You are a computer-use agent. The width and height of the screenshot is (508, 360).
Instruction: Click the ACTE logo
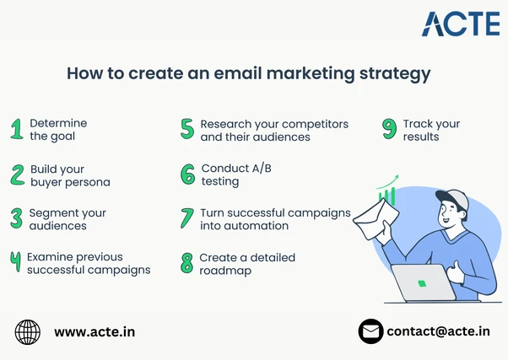tap(461, 24)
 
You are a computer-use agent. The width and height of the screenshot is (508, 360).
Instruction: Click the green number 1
tap(16, 129)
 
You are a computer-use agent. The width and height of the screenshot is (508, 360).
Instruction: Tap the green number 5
tap(187, 129)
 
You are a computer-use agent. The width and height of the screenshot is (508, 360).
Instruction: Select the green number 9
tap(389, 129)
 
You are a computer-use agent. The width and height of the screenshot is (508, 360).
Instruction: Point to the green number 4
tap(15, 262)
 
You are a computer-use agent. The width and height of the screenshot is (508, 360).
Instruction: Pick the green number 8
tap(187, 263)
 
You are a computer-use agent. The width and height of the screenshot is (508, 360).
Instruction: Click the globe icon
tap(28, 331)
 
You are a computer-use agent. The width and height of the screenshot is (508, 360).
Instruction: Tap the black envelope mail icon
tap(370, 331)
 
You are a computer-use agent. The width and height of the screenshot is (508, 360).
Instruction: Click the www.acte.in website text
tap(95, 332)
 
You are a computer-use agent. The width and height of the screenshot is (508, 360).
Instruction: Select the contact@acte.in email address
tap(438, 331)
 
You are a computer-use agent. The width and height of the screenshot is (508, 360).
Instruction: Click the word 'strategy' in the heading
tap(394, 74)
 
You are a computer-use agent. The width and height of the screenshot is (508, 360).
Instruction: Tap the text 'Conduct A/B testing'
tap(235, 175)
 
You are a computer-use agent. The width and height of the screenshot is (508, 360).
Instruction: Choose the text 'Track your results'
tap(431, 130)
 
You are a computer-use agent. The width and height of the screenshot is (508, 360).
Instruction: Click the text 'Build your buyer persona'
tap(69, 175)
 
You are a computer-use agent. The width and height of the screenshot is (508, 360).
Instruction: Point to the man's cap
tap(453, 199)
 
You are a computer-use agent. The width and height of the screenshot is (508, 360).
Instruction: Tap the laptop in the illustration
tap(424, 283)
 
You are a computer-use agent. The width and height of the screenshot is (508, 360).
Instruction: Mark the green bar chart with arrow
tap(387, 190)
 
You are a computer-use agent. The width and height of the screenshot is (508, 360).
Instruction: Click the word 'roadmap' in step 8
tap(224, 271)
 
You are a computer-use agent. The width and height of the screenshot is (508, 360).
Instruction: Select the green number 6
tap(187, 175)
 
